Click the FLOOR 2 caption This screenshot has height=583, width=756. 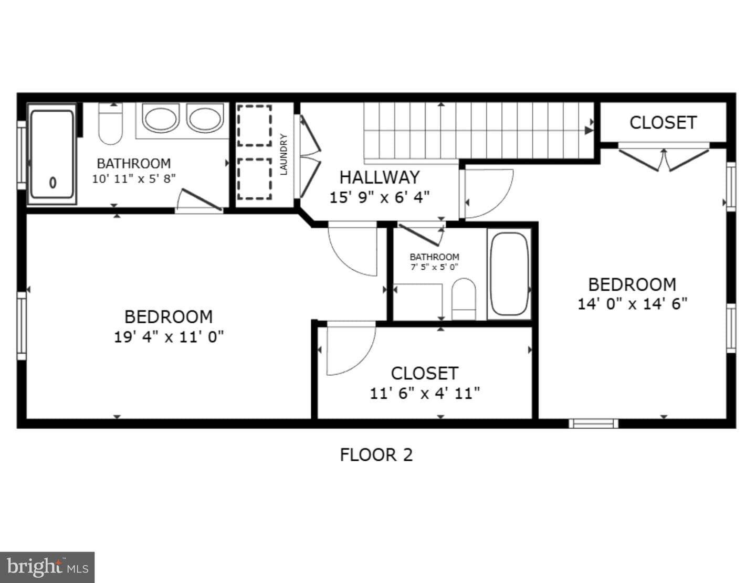click(x=376, y=455)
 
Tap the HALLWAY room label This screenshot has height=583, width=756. click(x=380, y=177)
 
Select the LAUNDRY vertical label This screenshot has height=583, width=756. click(x=284, y=154)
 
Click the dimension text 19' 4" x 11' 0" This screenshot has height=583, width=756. click(x=169, y=337)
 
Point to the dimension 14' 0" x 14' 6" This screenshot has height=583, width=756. click(x=633, y=304)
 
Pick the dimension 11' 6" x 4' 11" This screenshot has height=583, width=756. click(x=424, y=394)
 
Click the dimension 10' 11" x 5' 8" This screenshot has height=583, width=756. click(x=133, y=178)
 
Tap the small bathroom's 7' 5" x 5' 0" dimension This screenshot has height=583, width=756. click(x=434, y=267)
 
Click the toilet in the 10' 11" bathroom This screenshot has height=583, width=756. click(x=111, y=123)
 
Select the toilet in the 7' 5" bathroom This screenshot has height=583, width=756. click(x=464, y=299)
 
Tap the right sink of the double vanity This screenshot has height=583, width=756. click(x=205, y=119)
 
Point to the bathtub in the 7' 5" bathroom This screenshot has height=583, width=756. click(x=509, y=274)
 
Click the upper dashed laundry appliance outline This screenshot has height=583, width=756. click(x=254, y=125)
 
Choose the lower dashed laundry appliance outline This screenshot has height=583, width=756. click(x=254, y=179)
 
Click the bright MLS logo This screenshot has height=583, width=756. click(x=47, y=568)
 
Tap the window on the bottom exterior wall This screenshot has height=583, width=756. click(x=594, y=424)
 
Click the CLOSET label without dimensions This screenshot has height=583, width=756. click(x=663, y=122)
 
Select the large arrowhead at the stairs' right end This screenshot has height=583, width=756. click(x=589, y=130)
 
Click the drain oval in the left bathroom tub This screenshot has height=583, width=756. click(x=52, y=183)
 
